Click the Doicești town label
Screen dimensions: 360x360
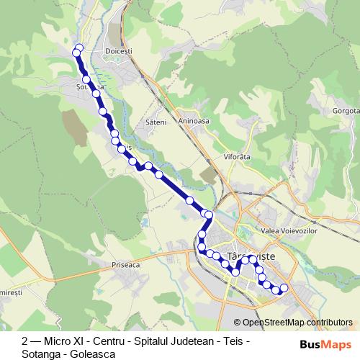tap(119, 52)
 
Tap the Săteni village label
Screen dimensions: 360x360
tap(156, 122)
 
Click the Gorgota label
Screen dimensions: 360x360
tap(346, 112)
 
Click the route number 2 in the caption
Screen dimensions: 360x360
tap(25, 340)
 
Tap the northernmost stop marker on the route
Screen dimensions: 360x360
tap(79, 48)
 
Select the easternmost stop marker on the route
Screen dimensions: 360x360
tap(284, 288)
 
